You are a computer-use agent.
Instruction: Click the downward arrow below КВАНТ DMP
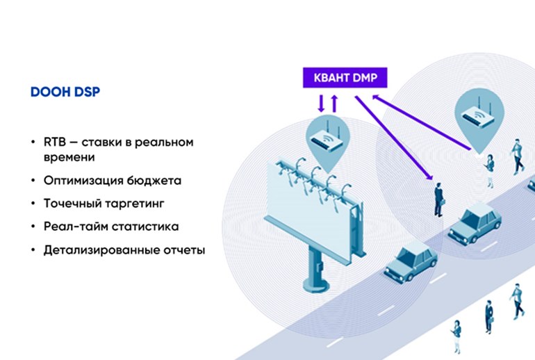(321, 103)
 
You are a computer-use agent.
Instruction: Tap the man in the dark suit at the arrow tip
(438, 198)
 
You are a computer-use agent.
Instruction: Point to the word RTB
(54, 142)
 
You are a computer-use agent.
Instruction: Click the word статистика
(145, 227)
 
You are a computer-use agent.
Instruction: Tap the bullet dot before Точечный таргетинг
(33, 204)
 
